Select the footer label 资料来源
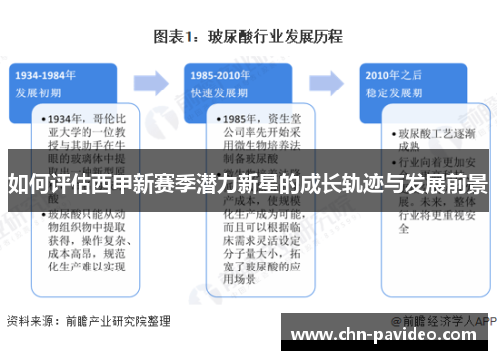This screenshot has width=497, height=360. point(30,321)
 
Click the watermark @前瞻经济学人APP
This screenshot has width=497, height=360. point(441,321)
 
